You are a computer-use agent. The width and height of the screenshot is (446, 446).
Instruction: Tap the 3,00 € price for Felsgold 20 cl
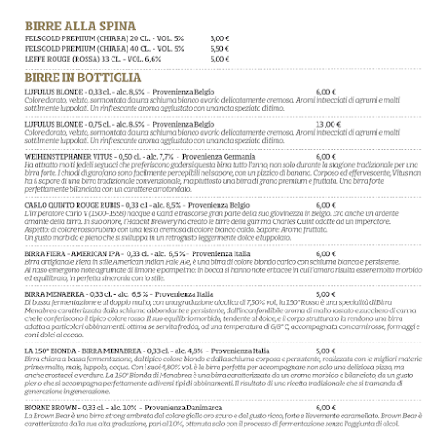(219, 38)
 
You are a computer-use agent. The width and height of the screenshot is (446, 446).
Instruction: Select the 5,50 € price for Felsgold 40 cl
(219, 48)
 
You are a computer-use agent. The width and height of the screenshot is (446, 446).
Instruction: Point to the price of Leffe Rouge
(219, 58)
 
